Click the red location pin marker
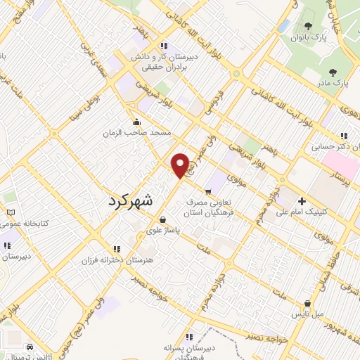(181, 165)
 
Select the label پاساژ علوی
(163, 229)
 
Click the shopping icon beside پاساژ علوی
(163, 219)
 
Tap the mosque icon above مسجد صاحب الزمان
(136, 122)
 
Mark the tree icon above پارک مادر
(331, 71)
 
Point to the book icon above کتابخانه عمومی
(9, 212)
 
